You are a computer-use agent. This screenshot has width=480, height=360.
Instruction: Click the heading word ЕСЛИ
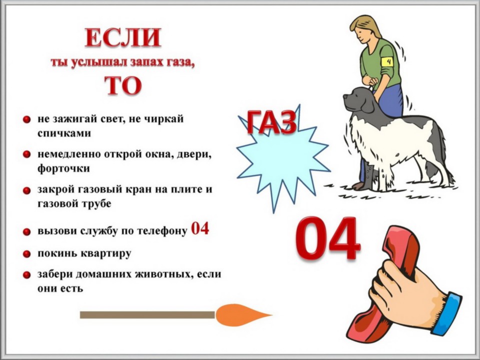tap(123, 37)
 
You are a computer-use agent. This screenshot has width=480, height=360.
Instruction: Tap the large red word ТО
tap(123, 85)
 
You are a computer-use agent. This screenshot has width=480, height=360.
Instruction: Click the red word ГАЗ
tap(271, 122)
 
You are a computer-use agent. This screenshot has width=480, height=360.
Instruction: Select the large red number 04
tap(327, 238)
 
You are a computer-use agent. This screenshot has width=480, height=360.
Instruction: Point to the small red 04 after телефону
tap(200, 228)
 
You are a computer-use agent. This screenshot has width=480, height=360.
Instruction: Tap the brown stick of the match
tap(147, 314)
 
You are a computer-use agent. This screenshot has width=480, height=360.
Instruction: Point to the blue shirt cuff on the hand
tap(447, 314)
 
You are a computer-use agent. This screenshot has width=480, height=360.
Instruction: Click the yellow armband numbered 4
tap(388, 62)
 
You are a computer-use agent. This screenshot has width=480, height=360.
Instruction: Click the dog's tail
tap(447, 159)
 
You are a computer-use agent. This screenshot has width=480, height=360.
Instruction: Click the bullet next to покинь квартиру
tap(26, 254)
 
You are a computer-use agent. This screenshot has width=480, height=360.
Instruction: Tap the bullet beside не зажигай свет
tap(26, 119)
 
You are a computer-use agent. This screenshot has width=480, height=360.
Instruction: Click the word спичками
tap(64, 133)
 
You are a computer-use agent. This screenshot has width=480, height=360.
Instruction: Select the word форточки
tap(63, 168)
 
